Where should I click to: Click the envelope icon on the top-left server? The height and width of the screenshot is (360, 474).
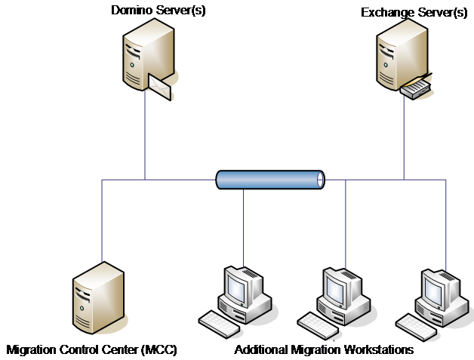click(162, 86)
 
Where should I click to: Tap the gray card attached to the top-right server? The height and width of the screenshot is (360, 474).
click(416, 88)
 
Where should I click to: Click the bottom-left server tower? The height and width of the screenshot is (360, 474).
click(98, 299)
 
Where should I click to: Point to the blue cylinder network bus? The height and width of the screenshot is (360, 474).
click(268, 180)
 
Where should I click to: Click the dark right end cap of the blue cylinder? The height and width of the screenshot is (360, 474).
click(320, 180)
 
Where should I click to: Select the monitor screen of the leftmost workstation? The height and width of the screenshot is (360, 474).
click(237, 285)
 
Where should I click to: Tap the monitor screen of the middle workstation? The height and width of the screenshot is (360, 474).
click(335, 285)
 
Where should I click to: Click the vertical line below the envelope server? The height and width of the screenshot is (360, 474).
click(145, 136)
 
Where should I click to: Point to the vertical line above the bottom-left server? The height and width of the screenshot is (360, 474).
click(102, 219)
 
